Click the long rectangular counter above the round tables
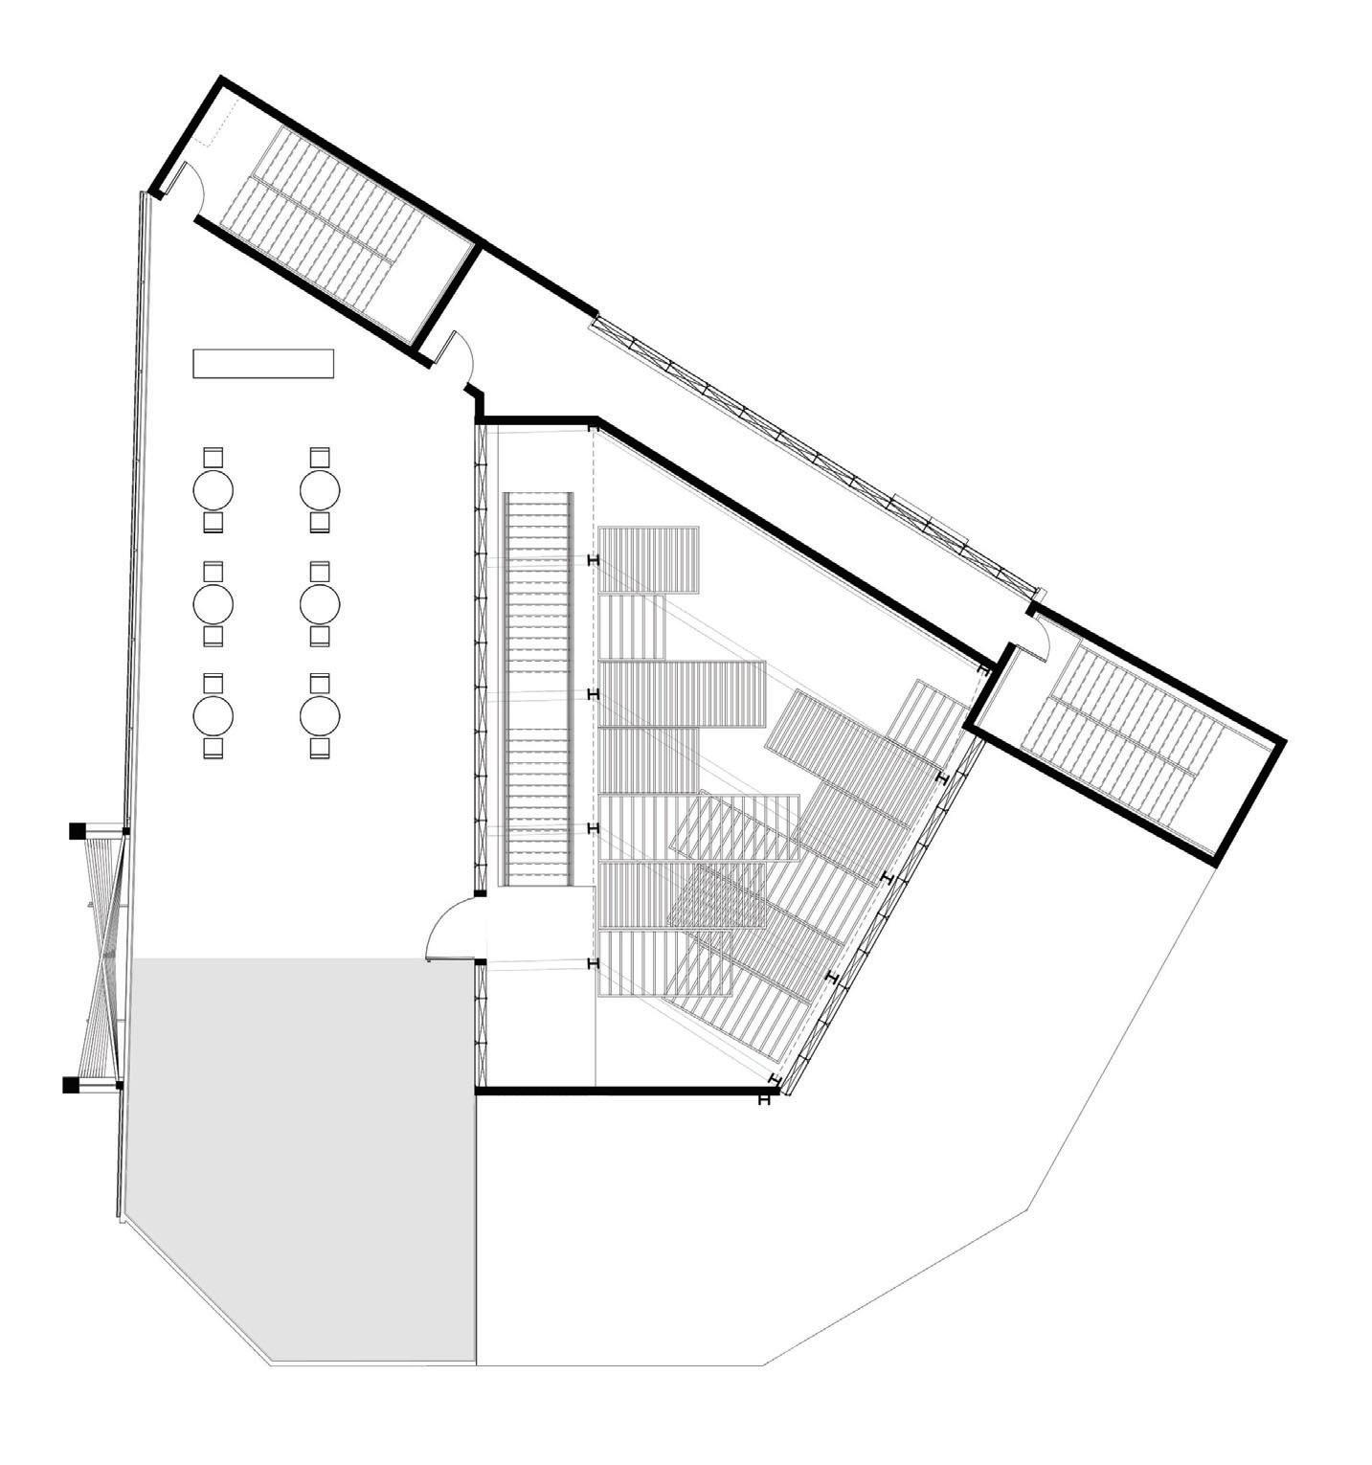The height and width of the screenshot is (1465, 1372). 263,364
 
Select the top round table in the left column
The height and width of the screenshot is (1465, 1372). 214,491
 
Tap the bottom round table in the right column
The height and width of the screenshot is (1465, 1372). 320,714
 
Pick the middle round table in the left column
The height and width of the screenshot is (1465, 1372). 214,604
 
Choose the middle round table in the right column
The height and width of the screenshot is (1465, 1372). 320,604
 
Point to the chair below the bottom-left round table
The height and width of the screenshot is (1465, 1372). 214,748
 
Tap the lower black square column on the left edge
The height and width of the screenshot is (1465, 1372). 70,1085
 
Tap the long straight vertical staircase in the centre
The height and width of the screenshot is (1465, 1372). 538,689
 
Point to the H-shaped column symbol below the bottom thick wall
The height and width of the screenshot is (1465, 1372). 763,1100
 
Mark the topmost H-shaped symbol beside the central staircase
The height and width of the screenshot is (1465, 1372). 594,560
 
